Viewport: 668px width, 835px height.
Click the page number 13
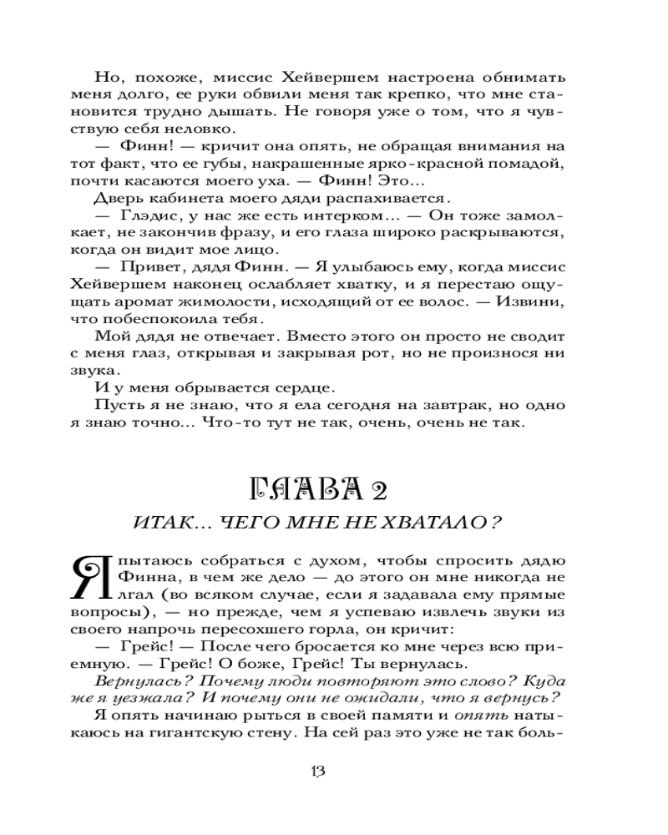pos(316,770)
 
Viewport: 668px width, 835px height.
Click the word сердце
pos(301,388)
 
